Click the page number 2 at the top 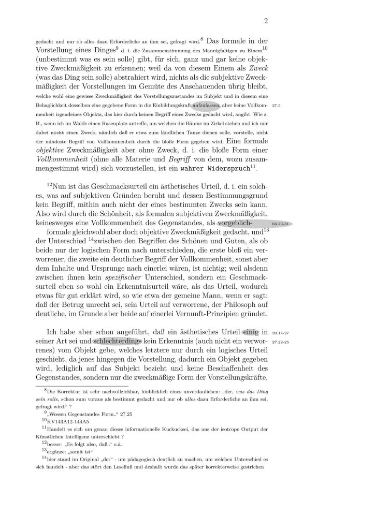click(x=265, y=21)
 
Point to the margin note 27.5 click(x=283, y=105)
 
